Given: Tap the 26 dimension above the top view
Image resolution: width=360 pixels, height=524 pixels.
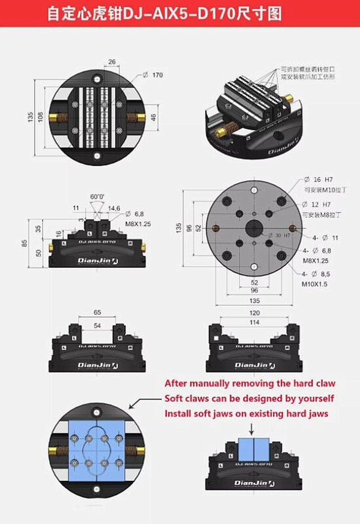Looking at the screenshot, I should point(111,62).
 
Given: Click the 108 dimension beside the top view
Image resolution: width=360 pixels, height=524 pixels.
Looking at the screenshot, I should point(40,116).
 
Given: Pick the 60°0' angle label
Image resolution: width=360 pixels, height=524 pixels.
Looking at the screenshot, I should point(97,197).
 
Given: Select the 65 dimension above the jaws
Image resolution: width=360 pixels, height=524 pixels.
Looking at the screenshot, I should point(97,312).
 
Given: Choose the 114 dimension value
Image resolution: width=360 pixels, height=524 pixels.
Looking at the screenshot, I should point(254,322).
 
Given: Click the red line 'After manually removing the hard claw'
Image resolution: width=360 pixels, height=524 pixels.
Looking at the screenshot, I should point(249,384).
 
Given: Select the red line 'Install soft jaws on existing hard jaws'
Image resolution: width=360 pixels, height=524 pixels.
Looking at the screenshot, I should point(246,413).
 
